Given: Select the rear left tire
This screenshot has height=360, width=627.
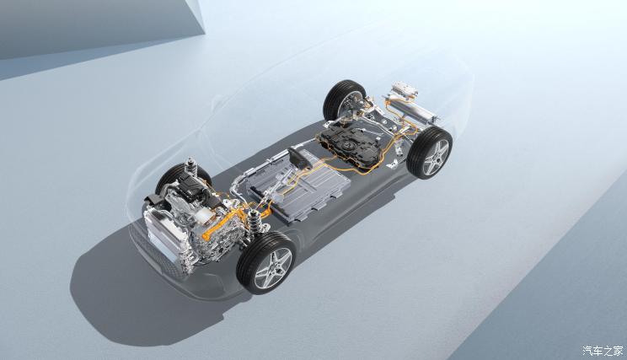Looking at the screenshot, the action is [x=343, y=100].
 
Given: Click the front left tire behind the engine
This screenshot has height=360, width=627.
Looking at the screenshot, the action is [x=182, y=176].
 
